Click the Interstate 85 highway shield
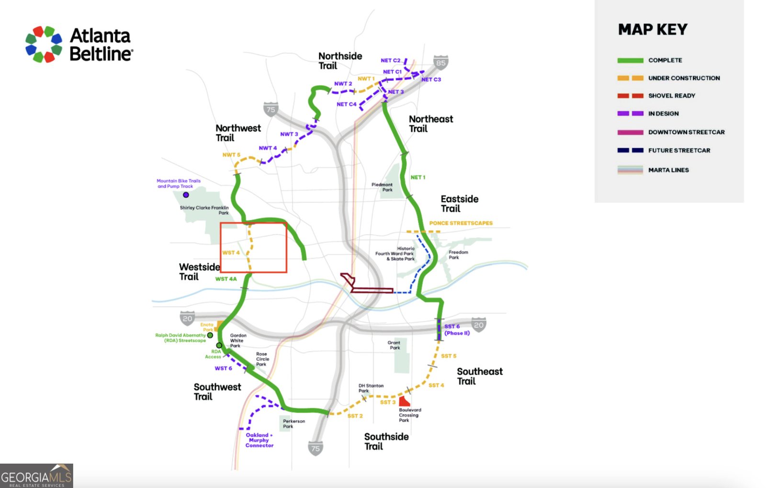tap(440, 62)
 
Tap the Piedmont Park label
tap(382, 187)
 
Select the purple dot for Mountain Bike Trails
tap(186, 195)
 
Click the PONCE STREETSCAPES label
tap(461, 223)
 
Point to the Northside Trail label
tap(340, 61)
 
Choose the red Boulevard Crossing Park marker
tap(404, 401)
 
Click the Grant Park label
tap(394, 345)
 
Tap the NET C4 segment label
tap(346, 104)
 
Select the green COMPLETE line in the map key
tap(630, 60)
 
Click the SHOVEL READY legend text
tap(671, 96)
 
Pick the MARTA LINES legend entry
tap(668, 170)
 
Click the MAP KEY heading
tap(653, 30)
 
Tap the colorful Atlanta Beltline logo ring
tap(44, 44)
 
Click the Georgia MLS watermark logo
tap(36, 476)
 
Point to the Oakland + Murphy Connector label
tap(259, 440)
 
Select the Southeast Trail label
tap(479, 376)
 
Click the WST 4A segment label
tap(225, 279)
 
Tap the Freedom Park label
tap(458, 255)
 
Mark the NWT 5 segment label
tap(231, 155)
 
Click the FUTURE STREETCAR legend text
tap(679, 150)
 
